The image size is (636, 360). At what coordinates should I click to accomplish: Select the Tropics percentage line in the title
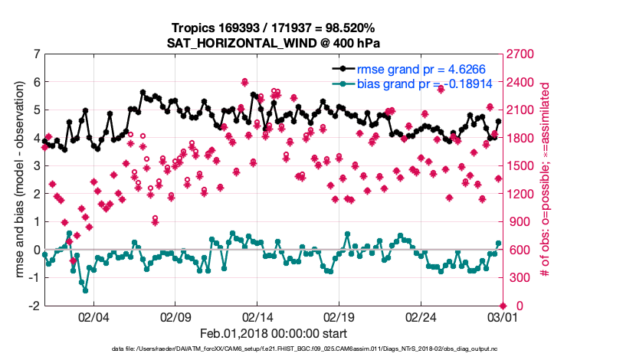[273, 28]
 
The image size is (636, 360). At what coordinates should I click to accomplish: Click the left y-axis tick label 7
[35, 54]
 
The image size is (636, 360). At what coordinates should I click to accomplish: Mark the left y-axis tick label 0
[35, 250]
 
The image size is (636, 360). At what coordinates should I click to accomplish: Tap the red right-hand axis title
[546, 180]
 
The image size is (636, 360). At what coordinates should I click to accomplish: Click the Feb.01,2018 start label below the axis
[273, 334]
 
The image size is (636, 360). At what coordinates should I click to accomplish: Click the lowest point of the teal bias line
[85, 290]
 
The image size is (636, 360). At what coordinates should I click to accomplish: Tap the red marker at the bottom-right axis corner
[502, 306]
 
